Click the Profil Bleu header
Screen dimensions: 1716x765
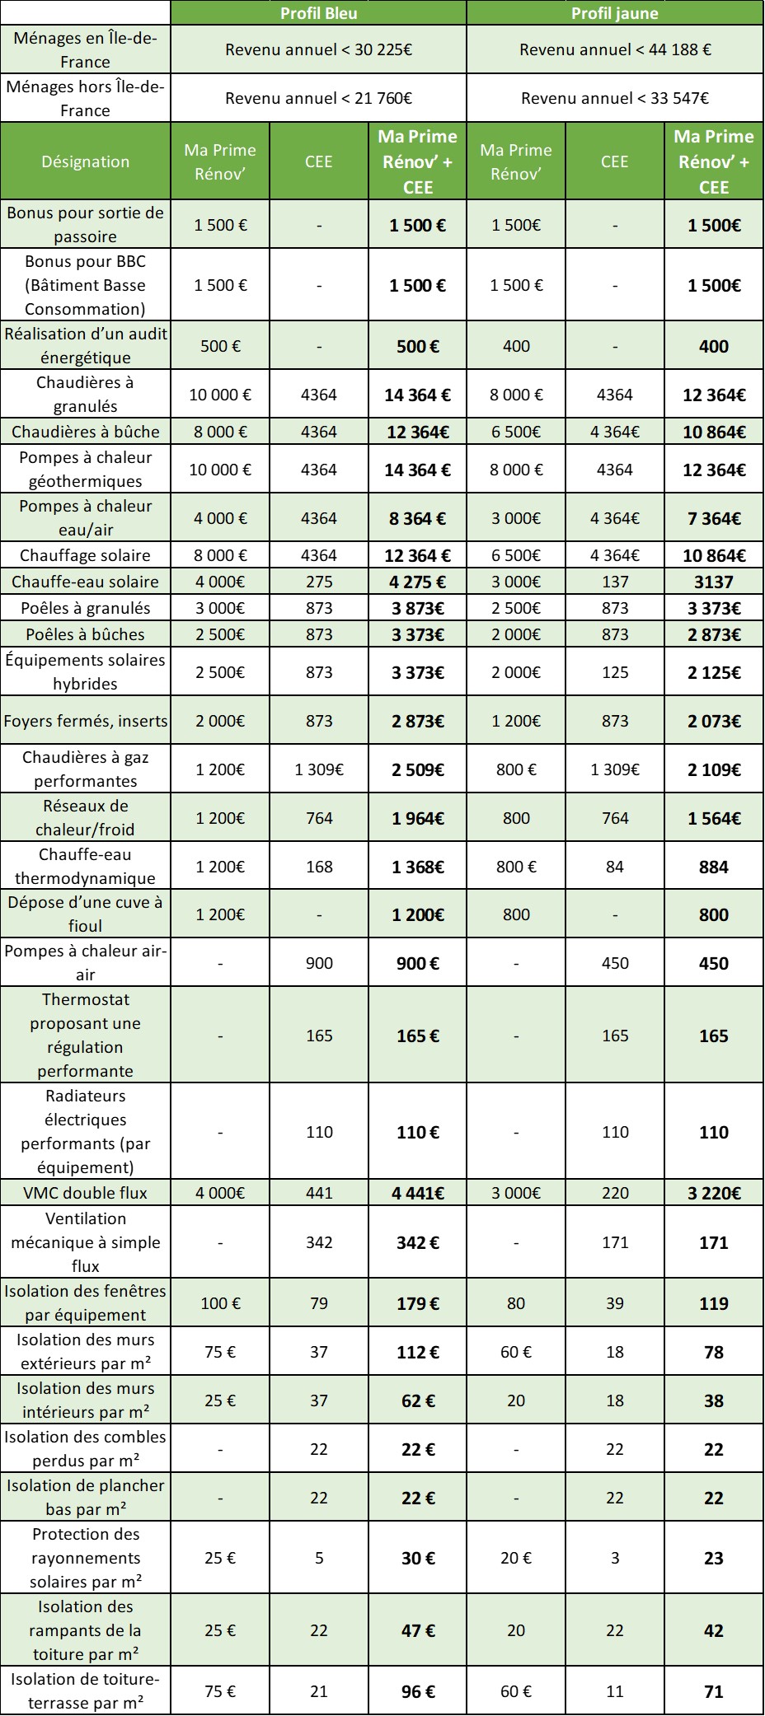(318, 12)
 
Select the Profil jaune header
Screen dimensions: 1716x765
(614, 12)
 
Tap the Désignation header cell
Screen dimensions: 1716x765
(86, 161)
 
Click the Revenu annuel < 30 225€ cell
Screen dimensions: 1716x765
(318, 49)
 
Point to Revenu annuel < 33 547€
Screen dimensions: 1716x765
(614, 98)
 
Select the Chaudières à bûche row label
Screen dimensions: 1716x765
(86, 431)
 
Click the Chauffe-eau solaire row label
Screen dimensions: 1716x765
(86, 582)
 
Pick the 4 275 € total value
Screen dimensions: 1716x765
(417, 582)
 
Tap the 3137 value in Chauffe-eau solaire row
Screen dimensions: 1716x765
(713, 582)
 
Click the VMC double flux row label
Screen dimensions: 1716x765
(86, 1192)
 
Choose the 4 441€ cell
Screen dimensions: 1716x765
(417, 1192)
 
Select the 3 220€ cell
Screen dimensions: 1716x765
(713, 1192)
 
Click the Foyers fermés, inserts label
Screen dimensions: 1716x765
(86, 721)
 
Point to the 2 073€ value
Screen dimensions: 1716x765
(713, 721)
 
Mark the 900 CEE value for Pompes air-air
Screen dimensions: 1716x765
(319, 963)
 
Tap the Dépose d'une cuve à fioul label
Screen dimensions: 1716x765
(86, 914)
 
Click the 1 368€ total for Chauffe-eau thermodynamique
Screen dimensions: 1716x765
(417, 867)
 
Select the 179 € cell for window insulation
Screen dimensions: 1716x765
(417, 1303)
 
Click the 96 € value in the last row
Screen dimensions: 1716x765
(417, 1691)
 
